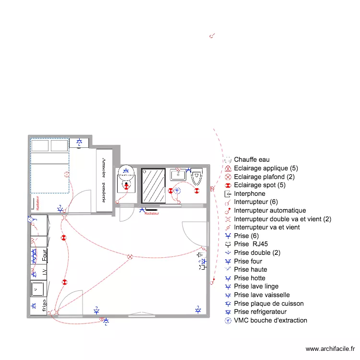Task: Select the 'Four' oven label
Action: point(44,254)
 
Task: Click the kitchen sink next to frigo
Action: point(38,289)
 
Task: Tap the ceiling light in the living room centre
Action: point(129,257)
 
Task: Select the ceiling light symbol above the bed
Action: point(66,175)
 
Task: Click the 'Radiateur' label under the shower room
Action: point(152,214)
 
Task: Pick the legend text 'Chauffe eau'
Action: point(252,160)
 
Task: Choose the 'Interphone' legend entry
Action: point(250,194)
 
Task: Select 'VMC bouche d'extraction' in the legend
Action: point(271,320)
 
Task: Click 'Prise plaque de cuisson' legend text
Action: point(269,303)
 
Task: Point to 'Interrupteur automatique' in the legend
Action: point(270,211)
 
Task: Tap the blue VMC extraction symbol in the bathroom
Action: point(177,191)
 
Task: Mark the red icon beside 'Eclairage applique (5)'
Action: point(228,168)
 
